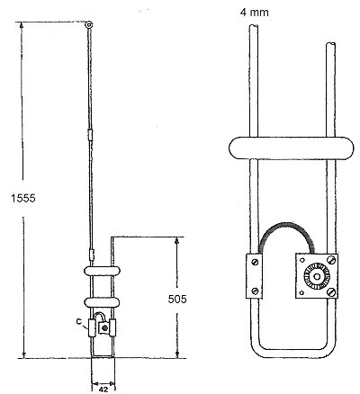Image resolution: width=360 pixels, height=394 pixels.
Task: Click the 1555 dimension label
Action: pos(23,198)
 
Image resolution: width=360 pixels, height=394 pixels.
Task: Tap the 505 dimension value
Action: pos(177,299)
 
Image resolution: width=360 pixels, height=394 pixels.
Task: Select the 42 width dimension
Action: pos(103,390)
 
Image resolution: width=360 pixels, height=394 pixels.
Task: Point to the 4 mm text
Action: pos(255,13)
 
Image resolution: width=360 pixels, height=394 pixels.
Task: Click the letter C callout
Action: pos(79,321)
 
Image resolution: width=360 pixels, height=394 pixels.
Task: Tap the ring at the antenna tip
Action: pos(89,25)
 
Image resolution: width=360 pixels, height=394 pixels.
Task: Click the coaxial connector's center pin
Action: pos(317,275)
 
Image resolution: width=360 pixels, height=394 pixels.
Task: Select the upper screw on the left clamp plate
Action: pos(256,263)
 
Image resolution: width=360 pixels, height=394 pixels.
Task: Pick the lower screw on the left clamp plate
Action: pos(256,291)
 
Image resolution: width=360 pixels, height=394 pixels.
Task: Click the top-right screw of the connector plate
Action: pos(331,259)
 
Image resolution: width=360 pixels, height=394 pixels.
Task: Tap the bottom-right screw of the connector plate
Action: pos(331,291)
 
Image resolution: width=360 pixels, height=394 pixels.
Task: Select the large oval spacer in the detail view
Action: pos(291,148)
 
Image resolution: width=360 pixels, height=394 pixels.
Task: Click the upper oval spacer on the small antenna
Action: pos(103,271)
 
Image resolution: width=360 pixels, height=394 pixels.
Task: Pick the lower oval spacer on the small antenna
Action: pos(103,302)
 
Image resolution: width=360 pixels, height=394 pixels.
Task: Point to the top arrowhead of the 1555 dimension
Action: pos(22,25)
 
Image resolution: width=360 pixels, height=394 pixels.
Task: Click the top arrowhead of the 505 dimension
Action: pos(177,241)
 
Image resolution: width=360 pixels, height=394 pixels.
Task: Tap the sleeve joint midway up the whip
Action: pos(90,135)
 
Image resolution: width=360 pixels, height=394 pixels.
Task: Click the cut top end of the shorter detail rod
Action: pos(331,45)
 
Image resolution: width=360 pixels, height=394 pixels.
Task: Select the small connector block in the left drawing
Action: pos(103,327)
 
